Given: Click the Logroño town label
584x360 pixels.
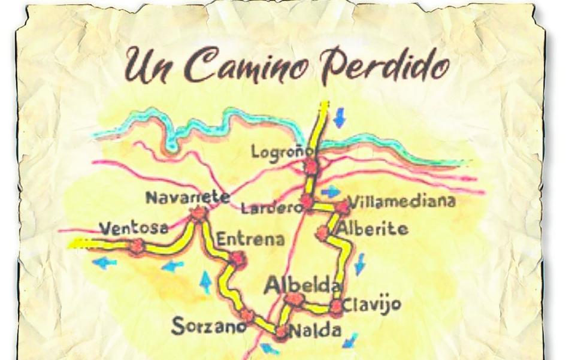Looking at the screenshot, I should (x=274, y=151).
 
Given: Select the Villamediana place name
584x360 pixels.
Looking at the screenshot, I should (x=401, y=201).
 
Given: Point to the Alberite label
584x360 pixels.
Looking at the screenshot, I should (x=372, y=229).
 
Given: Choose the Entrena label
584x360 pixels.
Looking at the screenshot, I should (x=250, y=239).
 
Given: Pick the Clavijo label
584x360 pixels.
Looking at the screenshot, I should (x=371, y=305).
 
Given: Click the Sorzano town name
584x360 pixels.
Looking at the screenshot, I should (x=208, y=327).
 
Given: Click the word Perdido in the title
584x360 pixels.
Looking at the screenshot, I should (x=383, y=65).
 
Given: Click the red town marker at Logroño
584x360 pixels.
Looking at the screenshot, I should (x=310, y=166).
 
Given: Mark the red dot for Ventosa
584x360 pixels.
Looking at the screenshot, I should (x=138, y=246).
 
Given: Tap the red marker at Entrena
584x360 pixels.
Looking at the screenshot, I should (x=238, y=259).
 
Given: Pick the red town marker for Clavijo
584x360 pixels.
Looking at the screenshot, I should (x=337, y=307).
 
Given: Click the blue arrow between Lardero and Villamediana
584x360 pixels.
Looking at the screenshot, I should (x=330, y=192).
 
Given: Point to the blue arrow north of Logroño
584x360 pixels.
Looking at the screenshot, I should (x=340, y=117).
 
